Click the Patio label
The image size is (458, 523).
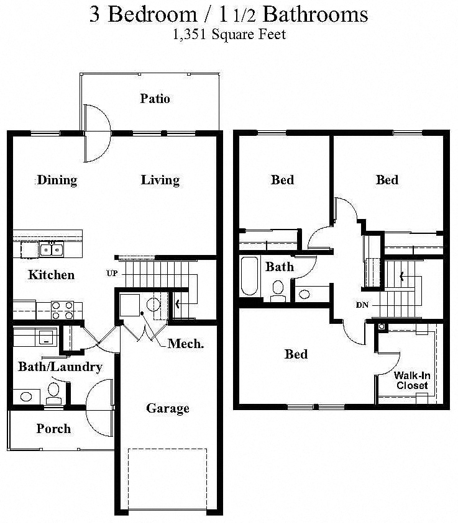[155, 99]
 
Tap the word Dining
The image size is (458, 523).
[57, 181]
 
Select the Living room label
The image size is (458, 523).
[160, 181]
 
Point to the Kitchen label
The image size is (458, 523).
[51, 275]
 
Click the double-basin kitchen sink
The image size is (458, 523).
[51, 250]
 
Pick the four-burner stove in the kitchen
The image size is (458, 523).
[62, 310]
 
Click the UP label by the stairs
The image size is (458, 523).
[112, 273]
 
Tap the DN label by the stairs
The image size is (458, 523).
[364, 305]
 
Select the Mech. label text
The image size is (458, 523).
[185, 343]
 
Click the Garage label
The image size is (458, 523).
[167, 408]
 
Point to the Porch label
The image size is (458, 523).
[53, 429]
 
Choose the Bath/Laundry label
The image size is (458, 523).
[60, 367]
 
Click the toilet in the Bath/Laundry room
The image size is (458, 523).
[54, 393]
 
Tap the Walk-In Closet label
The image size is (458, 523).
[411, 380]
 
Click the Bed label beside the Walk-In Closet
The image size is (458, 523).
[296, 354]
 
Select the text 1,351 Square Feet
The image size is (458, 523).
[229, 35]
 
